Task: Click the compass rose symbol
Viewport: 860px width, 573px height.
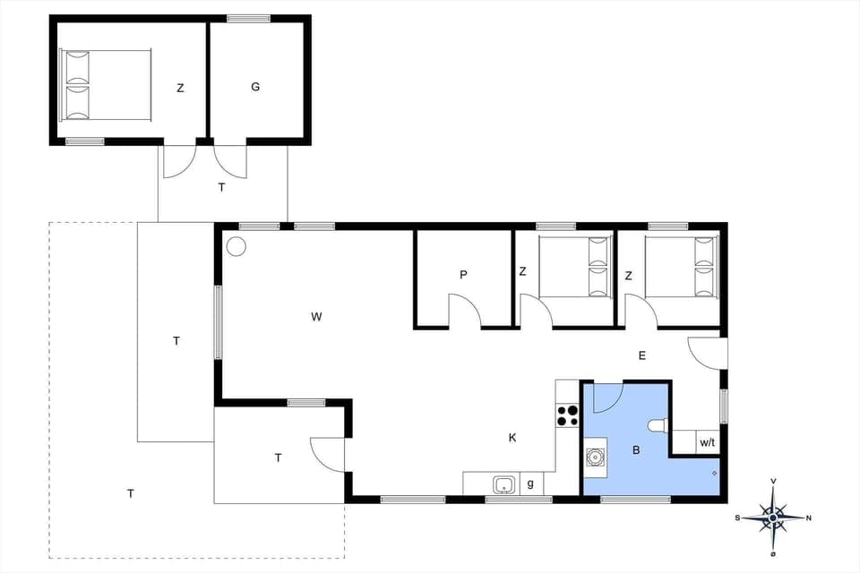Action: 773,517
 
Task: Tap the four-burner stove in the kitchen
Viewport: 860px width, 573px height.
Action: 568,415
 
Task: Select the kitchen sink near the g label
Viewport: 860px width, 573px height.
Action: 503,484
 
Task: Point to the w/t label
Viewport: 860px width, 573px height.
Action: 707,442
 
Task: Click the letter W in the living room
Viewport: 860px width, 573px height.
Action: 316,316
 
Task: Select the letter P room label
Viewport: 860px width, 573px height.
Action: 463,275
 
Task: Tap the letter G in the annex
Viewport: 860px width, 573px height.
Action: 255,87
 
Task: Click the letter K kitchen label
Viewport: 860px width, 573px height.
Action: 512,438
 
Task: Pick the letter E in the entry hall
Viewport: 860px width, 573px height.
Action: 642,355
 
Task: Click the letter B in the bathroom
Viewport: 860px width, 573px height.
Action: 636,450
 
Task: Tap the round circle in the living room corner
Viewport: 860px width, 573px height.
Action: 236,245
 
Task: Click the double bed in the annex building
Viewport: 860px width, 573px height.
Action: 104,85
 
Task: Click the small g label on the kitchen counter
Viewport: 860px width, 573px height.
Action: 530,484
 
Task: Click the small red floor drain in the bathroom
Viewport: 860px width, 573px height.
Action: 714,472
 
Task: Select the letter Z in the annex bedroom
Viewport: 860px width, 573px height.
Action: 180,88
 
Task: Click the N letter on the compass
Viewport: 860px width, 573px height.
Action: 809,517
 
